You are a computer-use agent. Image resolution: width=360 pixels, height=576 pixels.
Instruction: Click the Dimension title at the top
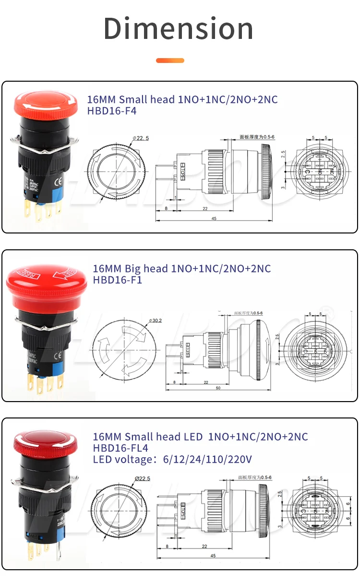[179, 28]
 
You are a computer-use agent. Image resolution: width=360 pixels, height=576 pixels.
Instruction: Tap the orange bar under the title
[170, 61]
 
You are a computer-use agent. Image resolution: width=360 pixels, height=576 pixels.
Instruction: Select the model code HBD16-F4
[111, 111]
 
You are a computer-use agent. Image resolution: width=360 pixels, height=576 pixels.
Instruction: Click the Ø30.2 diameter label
[156, 320]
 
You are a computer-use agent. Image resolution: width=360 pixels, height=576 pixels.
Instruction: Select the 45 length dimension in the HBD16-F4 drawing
[214, 219]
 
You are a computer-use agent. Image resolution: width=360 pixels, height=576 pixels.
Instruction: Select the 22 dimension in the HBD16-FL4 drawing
[204, 546]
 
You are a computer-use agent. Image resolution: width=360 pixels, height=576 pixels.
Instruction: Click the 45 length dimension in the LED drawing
[214, 556]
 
